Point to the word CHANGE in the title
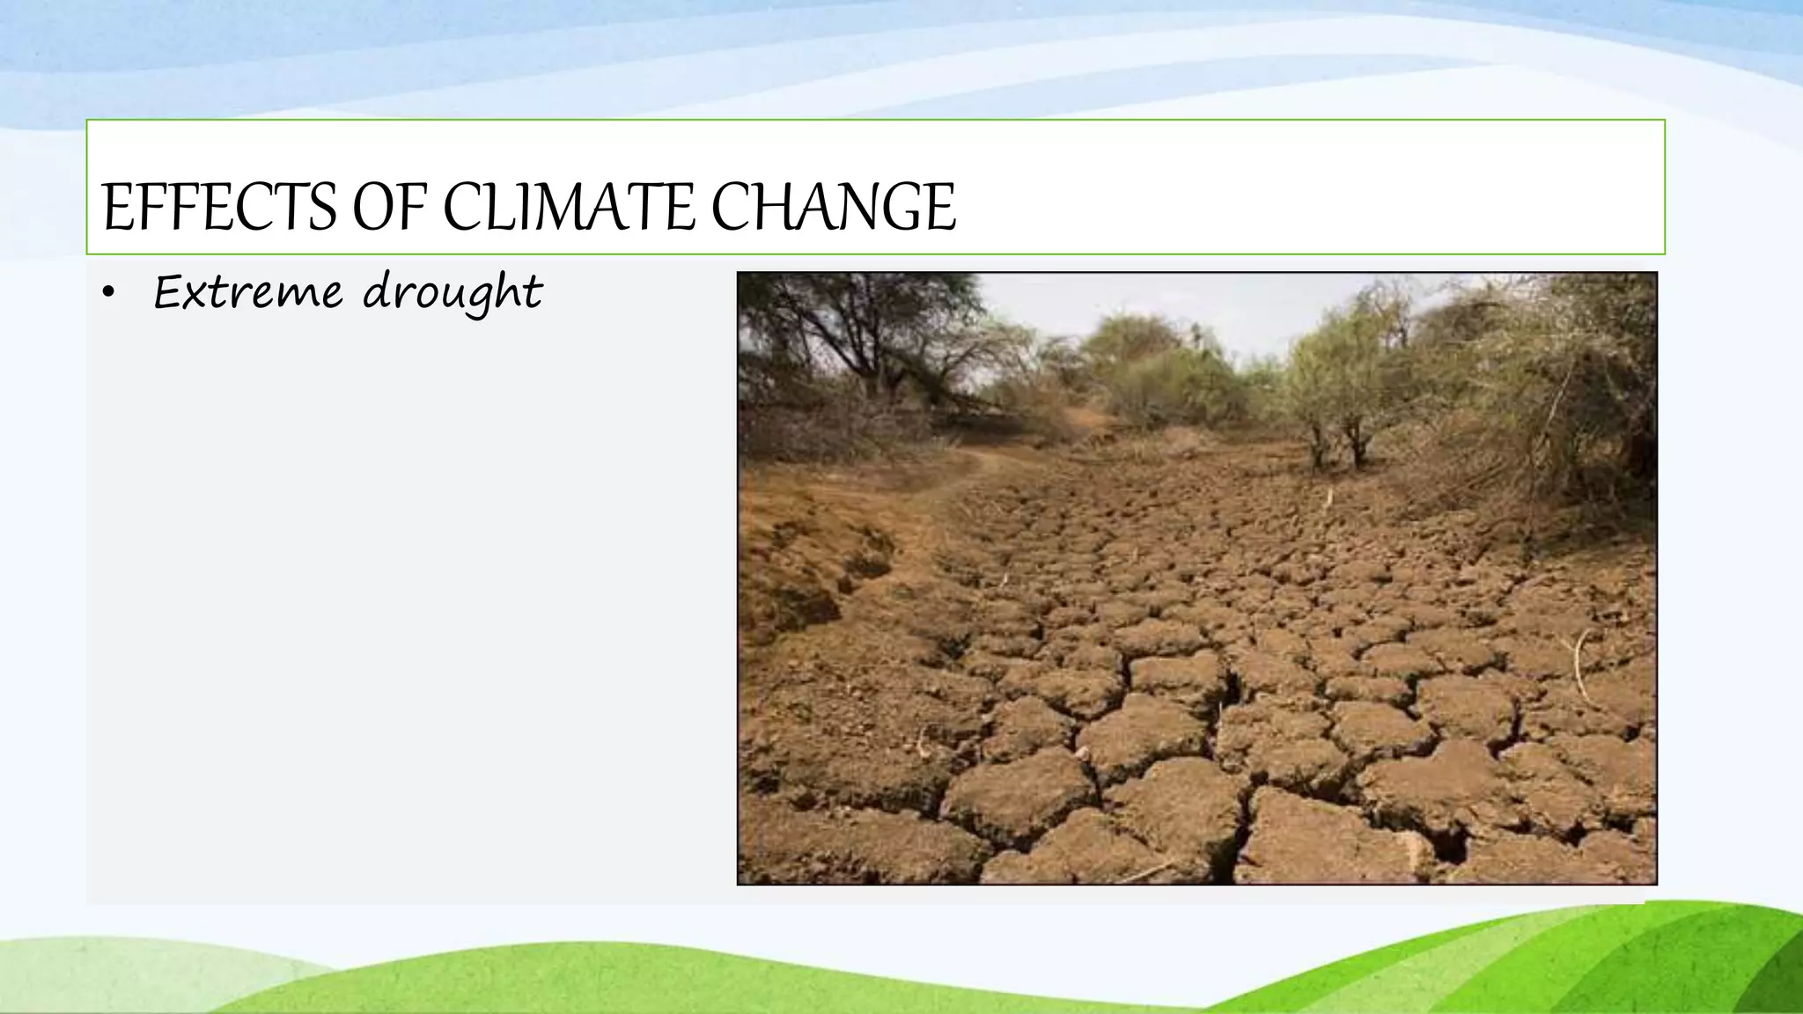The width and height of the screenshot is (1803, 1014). (x=833, y=208)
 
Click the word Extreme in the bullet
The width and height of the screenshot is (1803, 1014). (x=247, y=292)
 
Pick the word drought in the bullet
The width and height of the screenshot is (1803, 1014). (x=453, y=294)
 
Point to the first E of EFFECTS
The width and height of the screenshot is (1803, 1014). (x=116, y=208)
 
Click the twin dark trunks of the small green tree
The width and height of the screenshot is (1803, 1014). (x=1336, y=445)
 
